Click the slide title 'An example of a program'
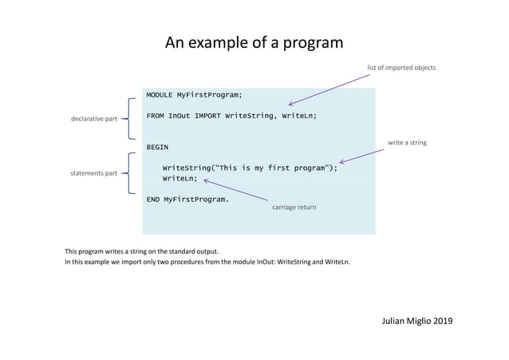[254, 42]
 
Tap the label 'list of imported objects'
[401, 68]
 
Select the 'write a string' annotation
[407, 143]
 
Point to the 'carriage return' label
[294, 207]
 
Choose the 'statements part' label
[94, 172]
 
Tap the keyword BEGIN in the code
[157, 147]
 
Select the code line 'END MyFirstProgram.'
[187, 199]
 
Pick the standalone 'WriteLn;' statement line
[180, 179]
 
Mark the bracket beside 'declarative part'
[128, 119]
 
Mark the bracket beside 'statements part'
[128, 172]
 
